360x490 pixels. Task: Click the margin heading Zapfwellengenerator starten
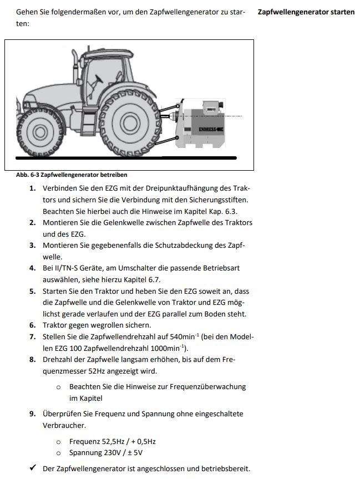(306, 12)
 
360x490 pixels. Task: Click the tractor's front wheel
(40, 132)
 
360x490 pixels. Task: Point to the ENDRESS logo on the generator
(211, 130)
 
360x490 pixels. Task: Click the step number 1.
(32, 188)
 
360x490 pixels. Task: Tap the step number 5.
(32, 291)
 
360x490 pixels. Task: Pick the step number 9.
(32, 414)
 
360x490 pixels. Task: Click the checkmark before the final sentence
(33, 469)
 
